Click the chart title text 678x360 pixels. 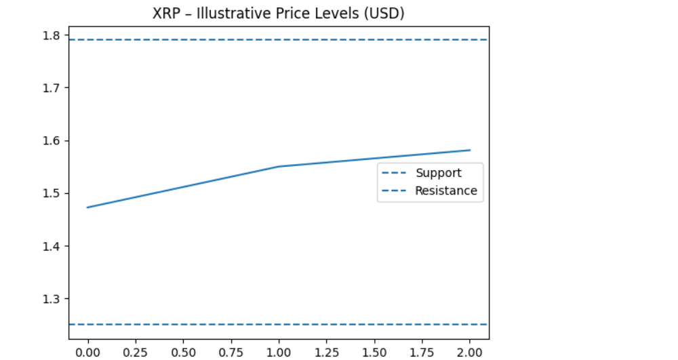tap(279, 13)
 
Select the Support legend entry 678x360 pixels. tap(438, 173)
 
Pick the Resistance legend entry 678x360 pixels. tap(445, 191)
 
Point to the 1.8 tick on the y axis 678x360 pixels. tap(53, 35)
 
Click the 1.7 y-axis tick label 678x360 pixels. tap(53, 88)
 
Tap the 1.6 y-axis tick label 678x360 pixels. tap(53, 141)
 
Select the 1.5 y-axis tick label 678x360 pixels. tap(53, 193)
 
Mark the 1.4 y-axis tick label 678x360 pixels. tap(53, 246)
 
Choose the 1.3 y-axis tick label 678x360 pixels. tap(53, 299)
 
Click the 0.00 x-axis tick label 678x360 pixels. tap(87, 352)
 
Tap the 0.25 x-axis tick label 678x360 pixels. tap(136, 352)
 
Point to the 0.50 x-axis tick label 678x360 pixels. tap(183, 352)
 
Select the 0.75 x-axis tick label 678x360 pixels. tap(231, 352)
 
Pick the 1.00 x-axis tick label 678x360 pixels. tap(279, 352)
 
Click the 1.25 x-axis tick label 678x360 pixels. tap(327, 352)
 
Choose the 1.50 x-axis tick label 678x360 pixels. tap(374, 352)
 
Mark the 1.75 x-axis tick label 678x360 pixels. tap(422, 352)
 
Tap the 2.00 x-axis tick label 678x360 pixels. tap(470, 352)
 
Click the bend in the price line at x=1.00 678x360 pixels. tap(279, 167)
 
